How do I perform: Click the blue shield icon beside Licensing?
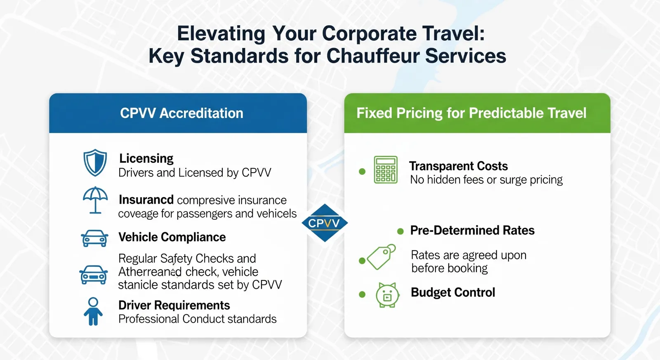coord(95,162)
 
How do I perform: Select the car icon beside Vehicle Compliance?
coord(94,238)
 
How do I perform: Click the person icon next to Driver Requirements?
coord(93,311)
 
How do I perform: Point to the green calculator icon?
coord(386,169)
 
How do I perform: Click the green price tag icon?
coord(381,256)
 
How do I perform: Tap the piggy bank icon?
coord(387,295)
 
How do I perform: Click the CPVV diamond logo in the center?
coord(325,223)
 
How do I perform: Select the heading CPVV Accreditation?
coord(181,113)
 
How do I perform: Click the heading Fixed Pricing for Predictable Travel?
coord(471,113)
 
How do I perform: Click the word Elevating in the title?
coord(221,34)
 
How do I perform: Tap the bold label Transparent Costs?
coord(458,166)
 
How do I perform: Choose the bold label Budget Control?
coord(453,292)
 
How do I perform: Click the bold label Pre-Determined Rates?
coord(472,231)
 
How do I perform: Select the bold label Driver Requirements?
coord(174,306)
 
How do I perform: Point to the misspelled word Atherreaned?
coord(150,272)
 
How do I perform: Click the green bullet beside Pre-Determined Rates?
coord(400,231)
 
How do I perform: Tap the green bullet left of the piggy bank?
coord(362,294)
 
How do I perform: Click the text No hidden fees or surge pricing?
coord(486,180)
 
